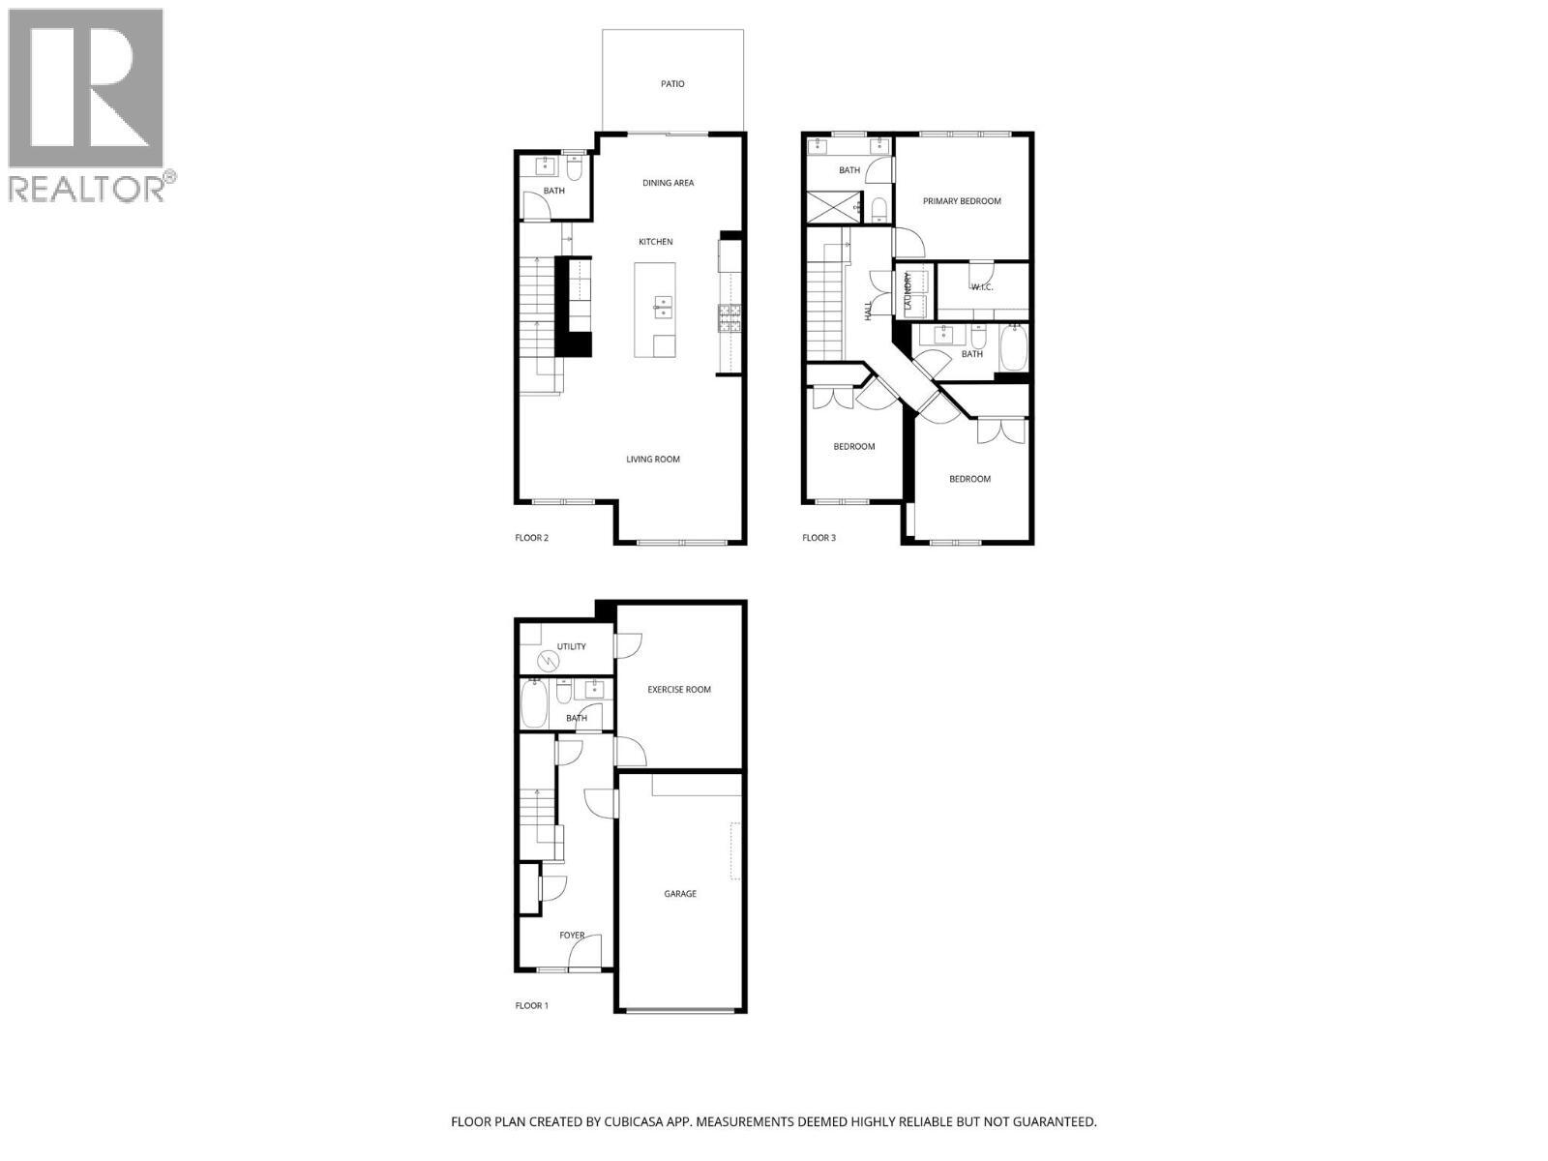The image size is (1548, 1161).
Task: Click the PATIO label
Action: (x=672, y=84)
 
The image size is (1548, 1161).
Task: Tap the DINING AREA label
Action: (x=668, y=183)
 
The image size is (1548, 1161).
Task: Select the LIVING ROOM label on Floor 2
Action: (x=653, y=460)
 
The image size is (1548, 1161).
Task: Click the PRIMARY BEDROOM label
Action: (x=961, y=201)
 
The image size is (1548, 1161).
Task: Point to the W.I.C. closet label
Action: (x=982, y=286)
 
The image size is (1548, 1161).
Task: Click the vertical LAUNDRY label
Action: (x=908, y=291)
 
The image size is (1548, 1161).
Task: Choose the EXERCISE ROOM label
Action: (x=678, y=690)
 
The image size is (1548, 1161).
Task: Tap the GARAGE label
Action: (x=680, y=894)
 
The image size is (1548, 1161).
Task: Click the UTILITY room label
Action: (x=571, y=646)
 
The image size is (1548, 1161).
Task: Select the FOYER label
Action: (x=572, y=936)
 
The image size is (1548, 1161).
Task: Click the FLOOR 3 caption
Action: (x=819, y=538)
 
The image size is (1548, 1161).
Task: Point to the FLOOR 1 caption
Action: (x=531, y=1006)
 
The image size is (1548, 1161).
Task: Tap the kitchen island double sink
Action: (x=664, y=308)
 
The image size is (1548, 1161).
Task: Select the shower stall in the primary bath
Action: (x=833, y=207)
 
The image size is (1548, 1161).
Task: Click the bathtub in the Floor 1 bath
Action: (x=534, y=704)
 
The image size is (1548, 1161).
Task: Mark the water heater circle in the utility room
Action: (x=549, y=660)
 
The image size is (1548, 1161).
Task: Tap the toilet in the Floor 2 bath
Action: (x=574, y=171)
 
